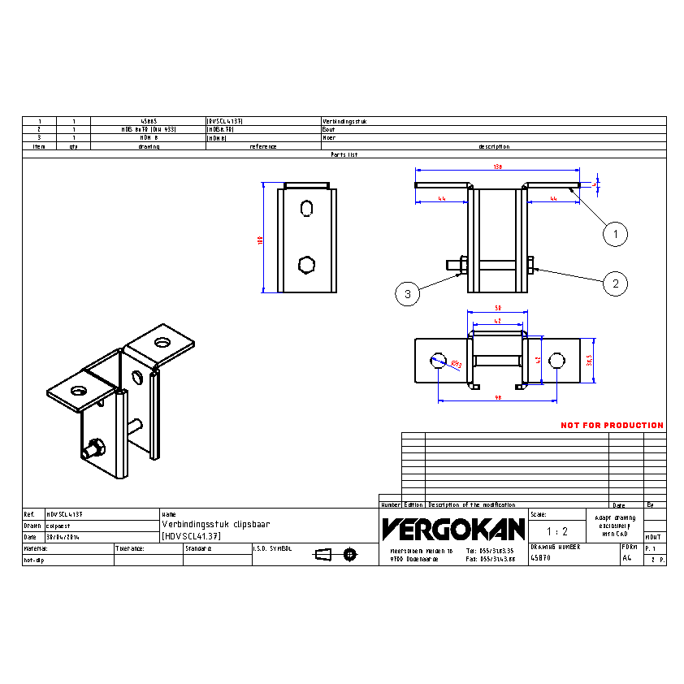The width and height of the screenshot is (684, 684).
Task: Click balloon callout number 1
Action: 615,235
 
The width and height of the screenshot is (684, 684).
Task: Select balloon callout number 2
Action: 615,283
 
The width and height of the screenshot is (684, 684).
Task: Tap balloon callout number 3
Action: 408,293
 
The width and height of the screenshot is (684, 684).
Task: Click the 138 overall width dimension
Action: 498,166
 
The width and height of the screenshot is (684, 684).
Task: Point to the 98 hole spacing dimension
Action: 497,397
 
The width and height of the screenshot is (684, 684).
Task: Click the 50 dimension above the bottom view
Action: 497,308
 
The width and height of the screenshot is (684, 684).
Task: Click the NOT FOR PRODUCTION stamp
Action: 612,425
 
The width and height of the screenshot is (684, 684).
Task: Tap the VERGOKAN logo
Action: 453,530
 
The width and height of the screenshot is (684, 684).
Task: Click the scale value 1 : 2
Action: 557,531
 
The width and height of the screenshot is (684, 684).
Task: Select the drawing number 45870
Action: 540,558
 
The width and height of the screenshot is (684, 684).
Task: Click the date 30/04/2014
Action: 63,537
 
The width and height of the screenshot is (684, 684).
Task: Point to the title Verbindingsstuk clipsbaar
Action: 215,526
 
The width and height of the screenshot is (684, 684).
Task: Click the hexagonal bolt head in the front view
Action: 306,265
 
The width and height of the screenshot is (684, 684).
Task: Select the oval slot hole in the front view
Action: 306,209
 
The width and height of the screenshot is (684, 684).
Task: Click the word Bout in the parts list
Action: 329,129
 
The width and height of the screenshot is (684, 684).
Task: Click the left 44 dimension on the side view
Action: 441,198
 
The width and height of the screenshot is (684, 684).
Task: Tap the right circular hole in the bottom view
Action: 557,361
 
